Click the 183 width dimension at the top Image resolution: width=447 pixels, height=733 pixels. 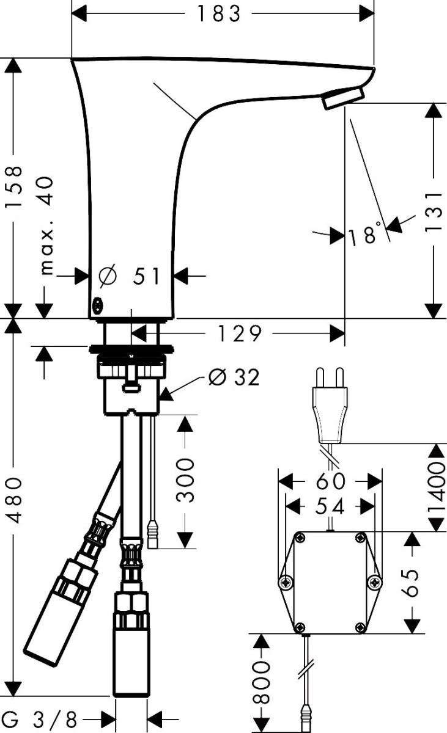(219, 14)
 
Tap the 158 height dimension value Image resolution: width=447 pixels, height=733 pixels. (14, 186)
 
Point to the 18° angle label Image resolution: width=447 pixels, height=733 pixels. (365, 233)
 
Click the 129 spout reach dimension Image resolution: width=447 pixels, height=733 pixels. (240, 334)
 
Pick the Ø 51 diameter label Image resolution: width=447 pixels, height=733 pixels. (129, 275)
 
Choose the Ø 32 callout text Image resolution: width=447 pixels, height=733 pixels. (234, 377)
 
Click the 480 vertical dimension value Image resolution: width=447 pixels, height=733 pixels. (14, 501)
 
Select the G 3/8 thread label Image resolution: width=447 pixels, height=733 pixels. (40, 720)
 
